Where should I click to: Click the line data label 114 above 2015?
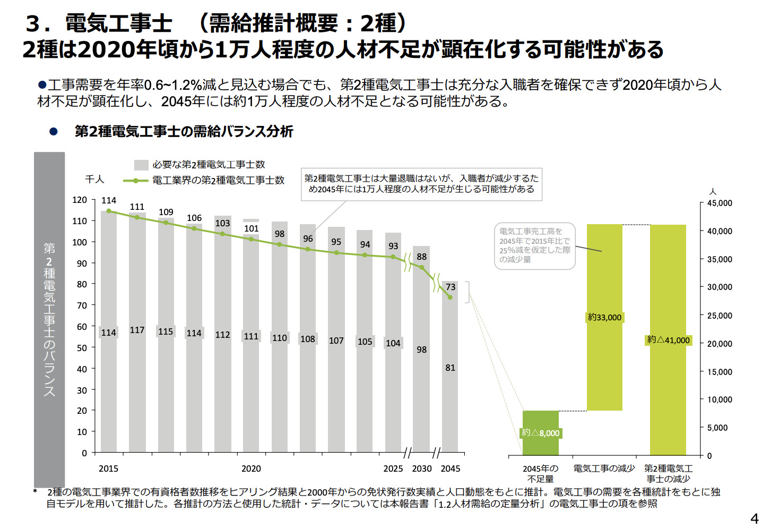pyautogui.click(x=109, y=200)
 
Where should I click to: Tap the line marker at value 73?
pyautogui.click(x=450, y=297)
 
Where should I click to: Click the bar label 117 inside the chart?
pyautogui.click(x=137, y=330)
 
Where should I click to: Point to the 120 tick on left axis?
pyautogui.click(x=80, y=200)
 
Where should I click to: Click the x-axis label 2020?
pyautogui.click(x=251, y=469)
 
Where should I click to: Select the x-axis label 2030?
pyautogui.click(x=422, y=469)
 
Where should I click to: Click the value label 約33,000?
pyautogui.click(x=604, y=318)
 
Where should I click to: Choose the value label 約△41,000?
pyautogui.click(x=668, y=340)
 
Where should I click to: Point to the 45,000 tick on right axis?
pyautogui.click(x=720, y=203)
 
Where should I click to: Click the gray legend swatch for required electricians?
pyautogui.click(x=141, y=165)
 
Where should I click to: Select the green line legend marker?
pyautogui.click(x=136, y=181)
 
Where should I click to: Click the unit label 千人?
pyautogui.click(x=95, y=180)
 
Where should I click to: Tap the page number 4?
pyautogui.click(x=754, y=518)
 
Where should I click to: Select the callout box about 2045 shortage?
pyautogui.click(x=421, y=184)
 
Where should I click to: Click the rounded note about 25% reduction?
pyautogui.click(x=534, y=246)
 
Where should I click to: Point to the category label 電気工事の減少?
pyautogui.click(x=604, y=469)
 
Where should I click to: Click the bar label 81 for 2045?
pyautogui.click(x=450, y=368)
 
